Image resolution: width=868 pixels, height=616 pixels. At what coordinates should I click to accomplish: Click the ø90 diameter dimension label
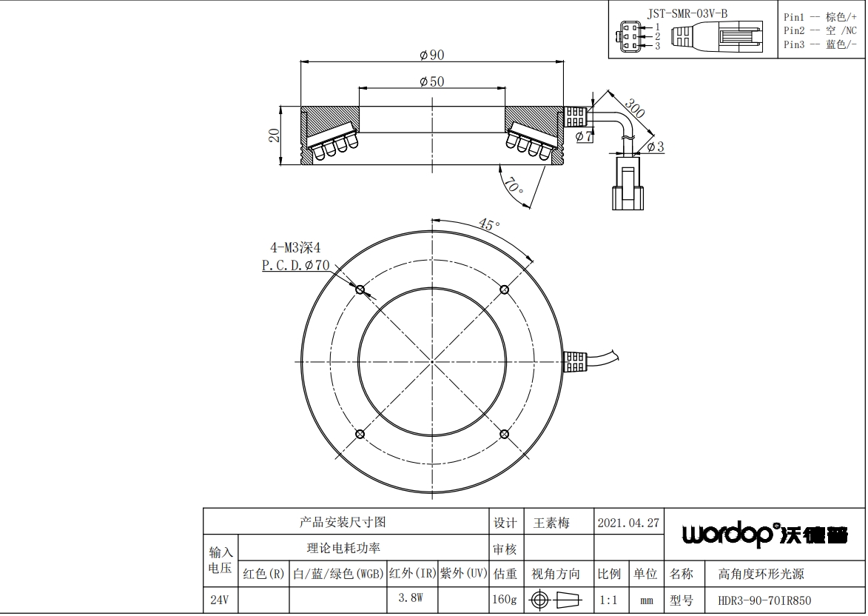[432, 55]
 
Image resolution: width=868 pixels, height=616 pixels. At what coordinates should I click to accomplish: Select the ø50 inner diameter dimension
[432, 81]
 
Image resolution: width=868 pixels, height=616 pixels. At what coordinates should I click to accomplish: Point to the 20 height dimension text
[274, 135]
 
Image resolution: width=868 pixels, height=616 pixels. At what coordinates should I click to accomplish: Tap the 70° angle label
[513, 186]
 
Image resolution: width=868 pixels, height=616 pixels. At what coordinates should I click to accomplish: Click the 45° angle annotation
[489, 224]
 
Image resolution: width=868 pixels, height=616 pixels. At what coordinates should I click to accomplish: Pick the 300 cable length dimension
[634, 109]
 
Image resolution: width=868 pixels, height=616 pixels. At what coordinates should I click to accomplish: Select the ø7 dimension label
[584, 136]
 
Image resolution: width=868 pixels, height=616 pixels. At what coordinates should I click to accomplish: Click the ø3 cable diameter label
[655, 147]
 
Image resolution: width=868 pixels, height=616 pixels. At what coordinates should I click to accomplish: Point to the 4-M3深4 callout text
[295, 247]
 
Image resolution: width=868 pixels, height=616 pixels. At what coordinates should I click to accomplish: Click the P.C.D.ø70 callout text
[295, 265]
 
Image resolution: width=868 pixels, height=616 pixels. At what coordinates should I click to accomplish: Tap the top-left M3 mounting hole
[360, 289]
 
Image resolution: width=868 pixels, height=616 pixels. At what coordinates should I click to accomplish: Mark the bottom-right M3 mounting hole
[505, 434]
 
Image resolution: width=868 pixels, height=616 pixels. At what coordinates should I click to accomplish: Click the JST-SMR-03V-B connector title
[687, 14]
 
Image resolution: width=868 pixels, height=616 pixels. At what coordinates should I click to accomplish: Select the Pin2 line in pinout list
[820, 31]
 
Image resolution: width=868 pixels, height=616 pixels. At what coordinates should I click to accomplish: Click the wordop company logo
[764, 535]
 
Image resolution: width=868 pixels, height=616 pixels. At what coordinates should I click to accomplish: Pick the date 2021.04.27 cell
[629, 523]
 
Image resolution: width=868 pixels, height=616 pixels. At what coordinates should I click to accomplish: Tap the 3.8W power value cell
[411, 598]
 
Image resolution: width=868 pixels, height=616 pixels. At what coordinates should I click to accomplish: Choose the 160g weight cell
[505, 600]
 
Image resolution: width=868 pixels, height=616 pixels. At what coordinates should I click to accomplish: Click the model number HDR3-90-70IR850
[764, 600]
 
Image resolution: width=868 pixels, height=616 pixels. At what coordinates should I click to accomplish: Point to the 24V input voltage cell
[220, 600]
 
